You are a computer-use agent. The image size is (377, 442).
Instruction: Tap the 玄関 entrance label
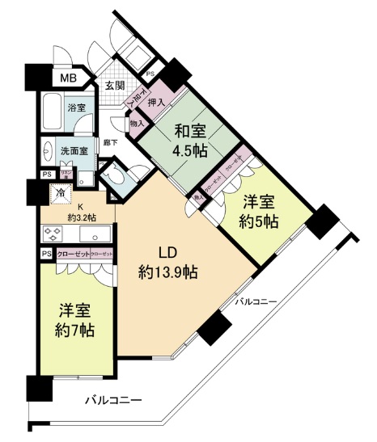pyautogui.click(x=114, y=86)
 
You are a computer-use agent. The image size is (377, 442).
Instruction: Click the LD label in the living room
pyautogui.click(x=167, y=250)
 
